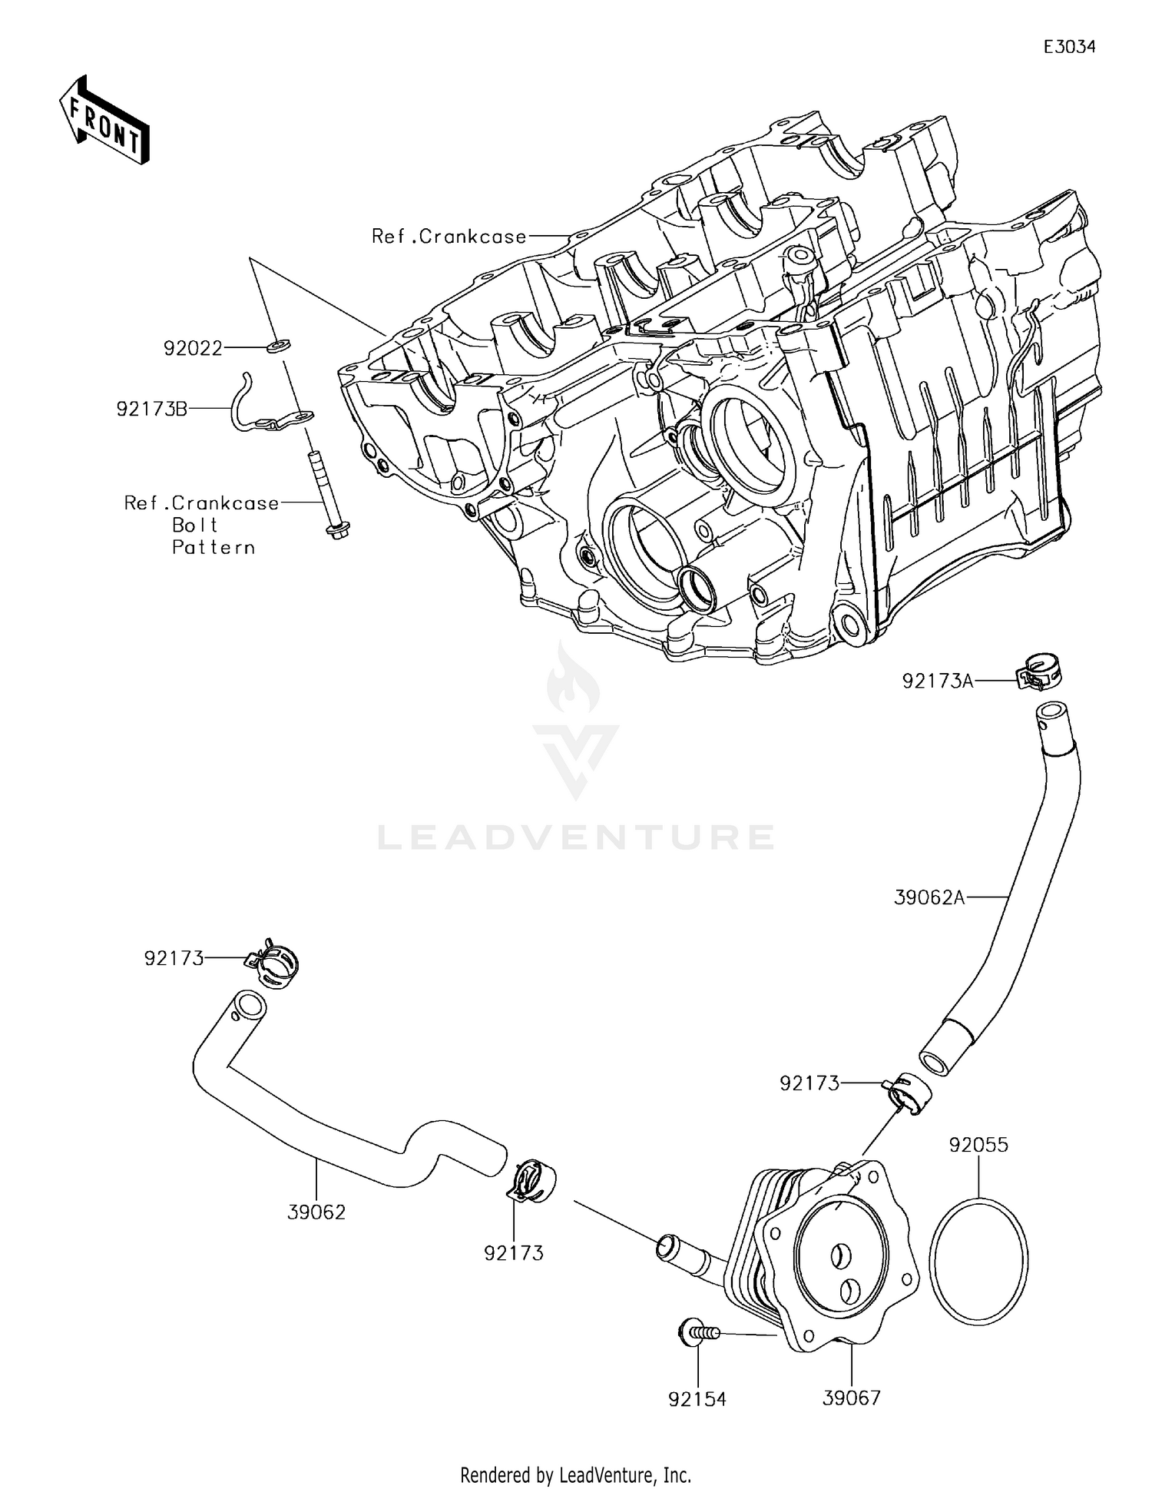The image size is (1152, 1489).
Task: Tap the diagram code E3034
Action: coord(1069,47)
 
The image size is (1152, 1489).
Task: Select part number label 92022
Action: coord(192,349)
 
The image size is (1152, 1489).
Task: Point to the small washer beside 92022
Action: coord(278,346)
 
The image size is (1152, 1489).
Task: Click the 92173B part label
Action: coord(151,410)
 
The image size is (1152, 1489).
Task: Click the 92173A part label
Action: coord(937,681)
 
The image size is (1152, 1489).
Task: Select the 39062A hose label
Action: coord(929,897)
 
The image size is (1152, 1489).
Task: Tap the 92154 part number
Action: coord(697,1399)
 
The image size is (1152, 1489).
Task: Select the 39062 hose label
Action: coord(316,1212)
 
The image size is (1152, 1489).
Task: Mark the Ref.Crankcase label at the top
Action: coord(449,237)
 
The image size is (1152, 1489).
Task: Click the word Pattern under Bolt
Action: coord(214,548)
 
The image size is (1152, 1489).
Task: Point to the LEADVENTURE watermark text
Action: coord(576,837)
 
